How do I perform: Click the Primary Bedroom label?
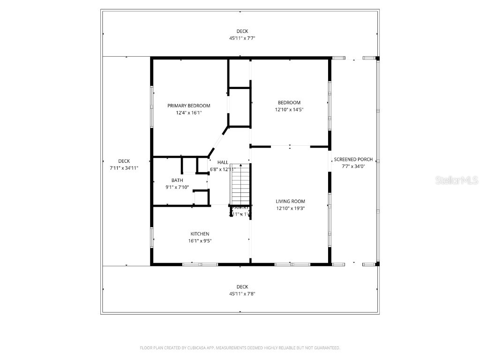[189, 106]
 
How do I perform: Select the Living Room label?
[290, 202]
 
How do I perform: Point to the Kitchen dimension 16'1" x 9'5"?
[200, 241]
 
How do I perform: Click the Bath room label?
[177, 180]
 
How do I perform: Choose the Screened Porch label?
[353, 159]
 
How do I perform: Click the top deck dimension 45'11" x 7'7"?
[242, 38]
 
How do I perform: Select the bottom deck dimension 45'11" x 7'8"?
[242, 294]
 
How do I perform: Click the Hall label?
[223, 162]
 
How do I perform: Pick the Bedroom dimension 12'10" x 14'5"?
[289, 110]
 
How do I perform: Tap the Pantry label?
[240, 207]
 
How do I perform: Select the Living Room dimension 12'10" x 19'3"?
[290, 209]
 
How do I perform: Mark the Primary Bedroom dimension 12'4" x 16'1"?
[189, 113]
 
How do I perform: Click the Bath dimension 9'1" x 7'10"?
[177, 187]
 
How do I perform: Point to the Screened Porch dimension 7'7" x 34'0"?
[353, 166]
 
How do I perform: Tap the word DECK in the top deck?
[242, 31]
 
